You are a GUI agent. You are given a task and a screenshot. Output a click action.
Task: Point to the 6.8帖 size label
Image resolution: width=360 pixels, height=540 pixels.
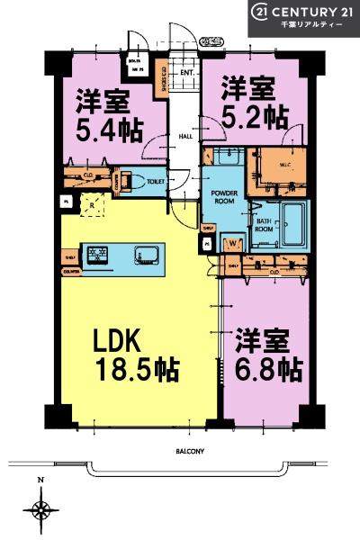(x=267, y=369)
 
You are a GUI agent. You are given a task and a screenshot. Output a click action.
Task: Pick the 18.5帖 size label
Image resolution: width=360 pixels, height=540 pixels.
(x=136, y=369)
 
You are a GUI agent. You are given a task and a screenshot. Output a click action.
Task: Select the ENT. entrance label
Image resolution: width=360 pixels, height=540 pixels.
(x=187, y=72)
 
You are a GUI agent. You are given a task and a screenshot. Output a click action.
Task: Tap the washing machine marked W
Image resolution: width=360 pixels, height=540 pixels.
(x=233, y=242)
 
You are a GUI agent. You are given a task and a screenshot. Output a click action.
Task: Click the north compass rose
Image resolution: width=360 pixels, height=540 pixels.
(x=41, y=509)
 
